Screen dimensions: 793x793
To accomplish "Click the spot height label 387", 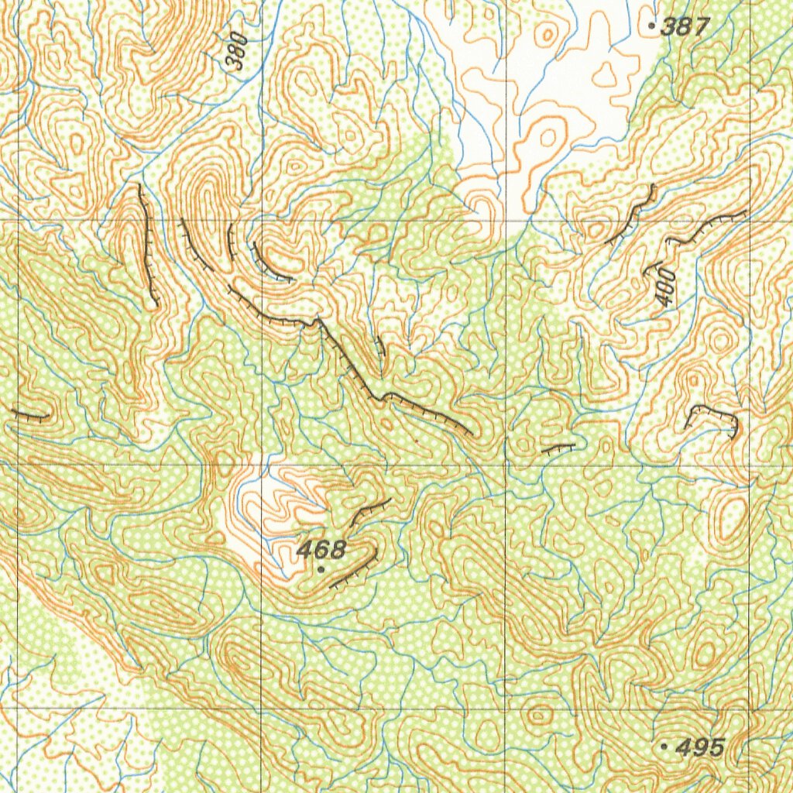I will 686,27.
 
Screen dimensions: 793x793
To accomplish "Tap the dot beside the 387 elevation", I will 652,26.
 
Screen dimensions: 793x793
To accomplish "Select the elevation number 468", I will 321,550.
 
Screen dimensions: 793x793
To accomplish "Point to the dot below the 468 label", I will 321,569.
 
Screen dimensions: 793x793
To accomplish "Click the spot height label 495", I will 700,747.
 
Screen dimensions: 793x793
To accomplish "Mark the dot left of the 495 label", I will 664,747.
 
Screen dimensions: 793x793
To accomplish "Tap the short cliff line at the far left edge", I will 29,416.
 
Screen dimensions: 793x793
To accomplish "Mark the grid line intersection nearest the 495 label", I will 750,709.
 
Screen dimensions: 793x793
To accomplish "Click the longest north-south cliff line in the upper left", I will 147,244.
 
